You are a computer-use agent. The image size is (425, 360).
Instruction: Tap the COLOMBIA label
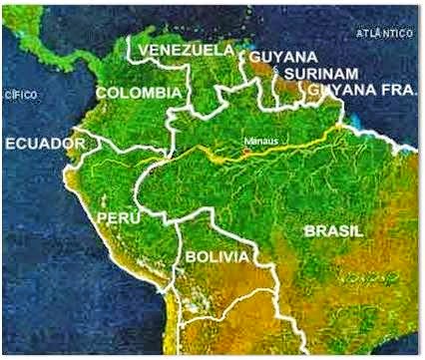point(139,93)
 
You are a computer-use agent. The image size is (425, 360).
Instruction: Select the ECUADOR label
point(45,145)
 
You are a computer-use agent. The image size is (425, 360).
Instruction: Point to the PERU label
point(116,216)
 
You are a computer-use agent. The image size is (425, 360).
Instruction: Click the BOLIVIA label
point(214,257)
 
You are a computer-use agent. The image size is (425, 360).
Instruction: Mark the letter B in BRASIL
point(309,229)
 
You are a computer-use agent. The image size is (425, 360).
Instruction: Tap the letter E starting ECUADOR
point(11,145)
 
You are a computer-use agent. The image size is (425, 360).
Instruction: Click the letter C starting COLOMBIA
point(102,93)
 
